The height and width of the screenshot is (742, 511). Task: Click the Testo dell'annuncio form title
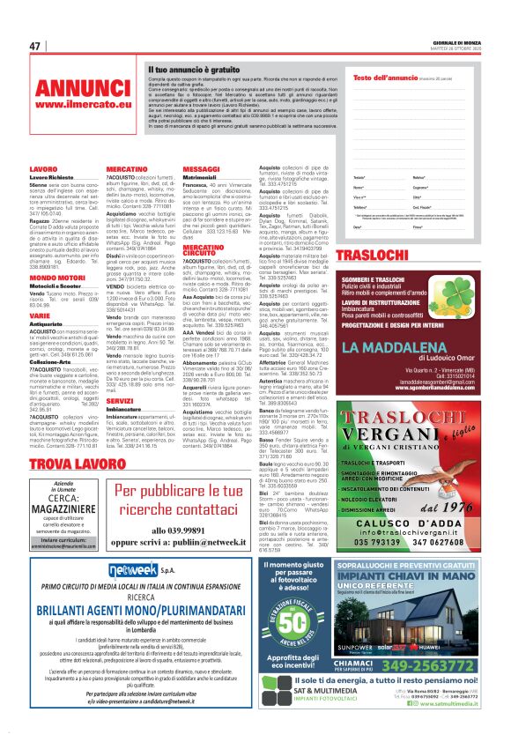click(x=384, y=78)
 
